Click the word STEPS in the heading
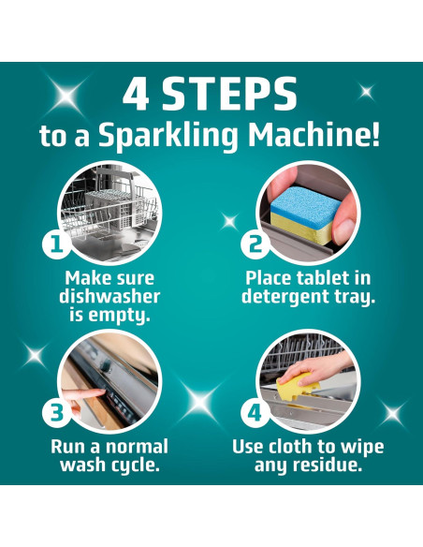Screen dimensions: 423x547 tap(229, 94)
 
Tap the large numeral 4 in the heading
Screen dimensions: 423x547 tap(136, 94)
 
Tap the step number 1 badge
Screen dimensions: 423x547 tap(57, 244)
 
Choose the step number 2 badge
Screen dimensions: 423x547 tap(255, 244)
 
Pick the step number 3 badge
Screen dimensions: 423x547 tap(57, 413)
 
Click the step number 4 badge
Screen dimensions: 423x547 tap(255, 413)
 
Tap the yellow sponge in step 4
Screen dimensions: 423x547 tap(297, 386)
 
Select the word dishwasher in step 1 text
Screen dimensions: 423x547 tap(109, 297)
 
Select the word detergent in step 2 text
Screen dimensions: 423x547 tap(285, 298)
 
